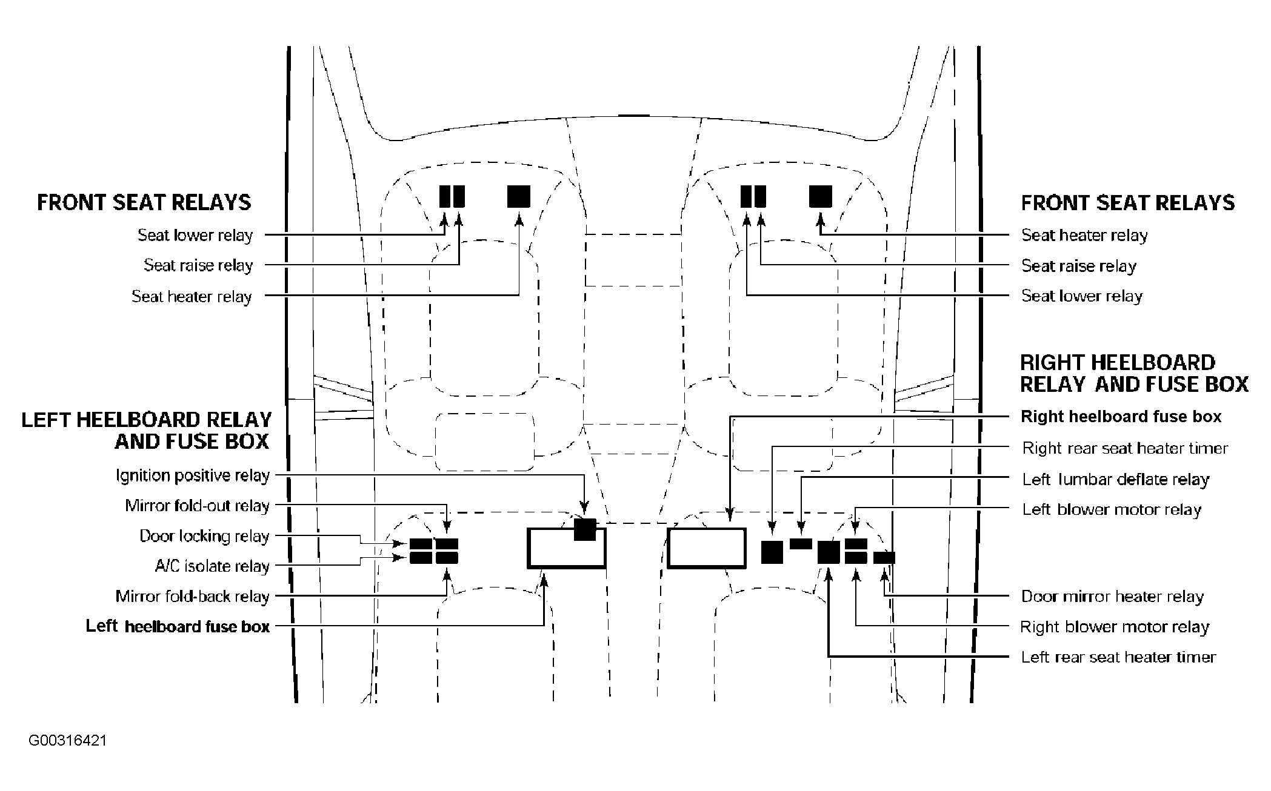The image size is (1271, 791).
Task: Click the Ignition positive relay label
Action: [193, 476]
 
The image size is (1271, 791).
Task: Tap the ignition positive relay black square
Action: [585, 529]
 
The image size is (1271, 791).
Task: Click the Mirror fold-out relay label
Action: [198, 506]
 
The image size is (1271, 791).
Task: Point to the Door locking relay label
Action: [204, 537]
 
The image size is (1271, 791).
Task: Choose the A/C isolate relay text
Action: [212, 566]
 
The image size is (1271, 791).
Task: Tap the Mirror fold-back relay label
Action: [193, 597]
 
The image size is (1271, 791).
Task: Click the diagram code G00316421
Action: [68, 741]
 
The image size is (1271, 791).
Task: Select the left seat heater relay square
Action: [519, 196]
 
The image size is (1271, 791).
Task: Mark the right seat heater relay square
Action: [821, 196]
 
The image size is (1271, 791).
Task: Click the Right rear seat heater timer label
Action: [1125, 448]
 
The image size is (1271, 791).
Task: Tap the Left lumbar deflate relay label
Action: [1116, 480]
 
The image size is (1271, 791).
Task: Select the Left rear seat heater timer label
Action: [1119, 657]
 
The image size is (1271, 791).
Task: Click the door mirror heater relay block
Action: [884, 558]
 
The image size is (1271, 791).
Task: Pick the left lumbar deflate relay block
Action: [801, 543]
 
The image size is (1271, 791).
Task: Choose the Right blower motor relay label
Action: [1115, 627]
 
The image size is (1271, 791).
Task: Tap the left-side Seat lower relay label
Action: [195, 235]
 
